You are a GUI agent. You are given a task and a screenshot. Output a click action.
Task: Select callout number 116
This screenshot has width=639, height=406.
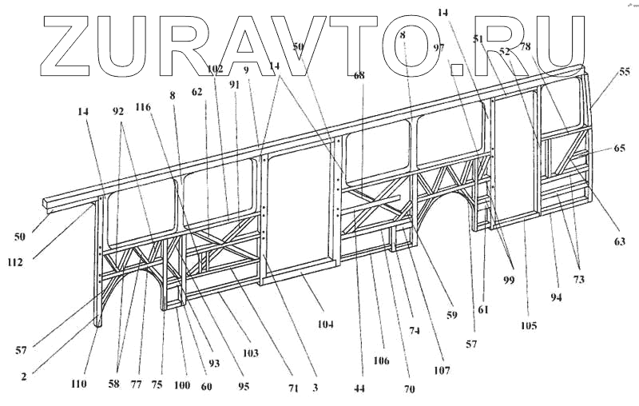point(144,107)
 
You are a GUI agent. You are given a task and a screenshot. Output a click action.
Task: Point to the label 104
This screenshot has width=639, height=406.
point(324,324)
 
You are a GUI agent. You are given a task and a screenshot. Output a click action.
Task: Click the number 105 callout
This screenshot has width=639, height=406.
point(528,325)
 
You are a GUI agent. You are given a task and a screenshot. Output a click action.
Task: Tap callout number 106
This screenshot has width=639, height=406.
point(381,361)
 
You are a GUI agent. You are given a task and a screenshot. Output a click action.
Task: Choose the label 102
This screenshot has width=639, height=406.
point(215,70)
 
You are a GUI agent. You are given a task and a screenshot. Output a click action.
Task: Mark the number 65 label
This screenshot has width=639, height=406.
point(620,149)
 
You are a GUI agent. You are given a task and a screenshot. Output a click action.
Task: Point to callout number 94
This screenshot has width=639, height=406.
point(554,298)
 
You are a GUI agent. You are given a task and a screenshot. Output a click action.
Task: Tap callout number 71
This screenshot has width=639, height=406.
point(294,388)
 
